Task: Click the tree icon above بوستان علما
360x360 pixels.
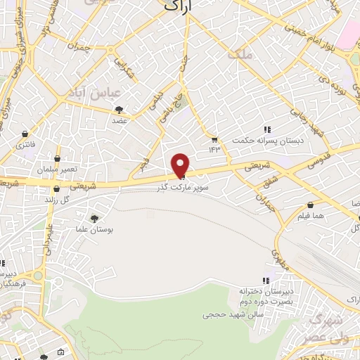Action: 96,219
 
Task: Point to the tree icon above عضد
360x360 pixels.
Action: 118,110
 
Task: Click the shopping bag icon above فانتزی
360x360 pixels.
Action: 26,134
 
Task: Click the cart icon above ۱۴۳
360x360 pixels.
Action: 214,139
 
